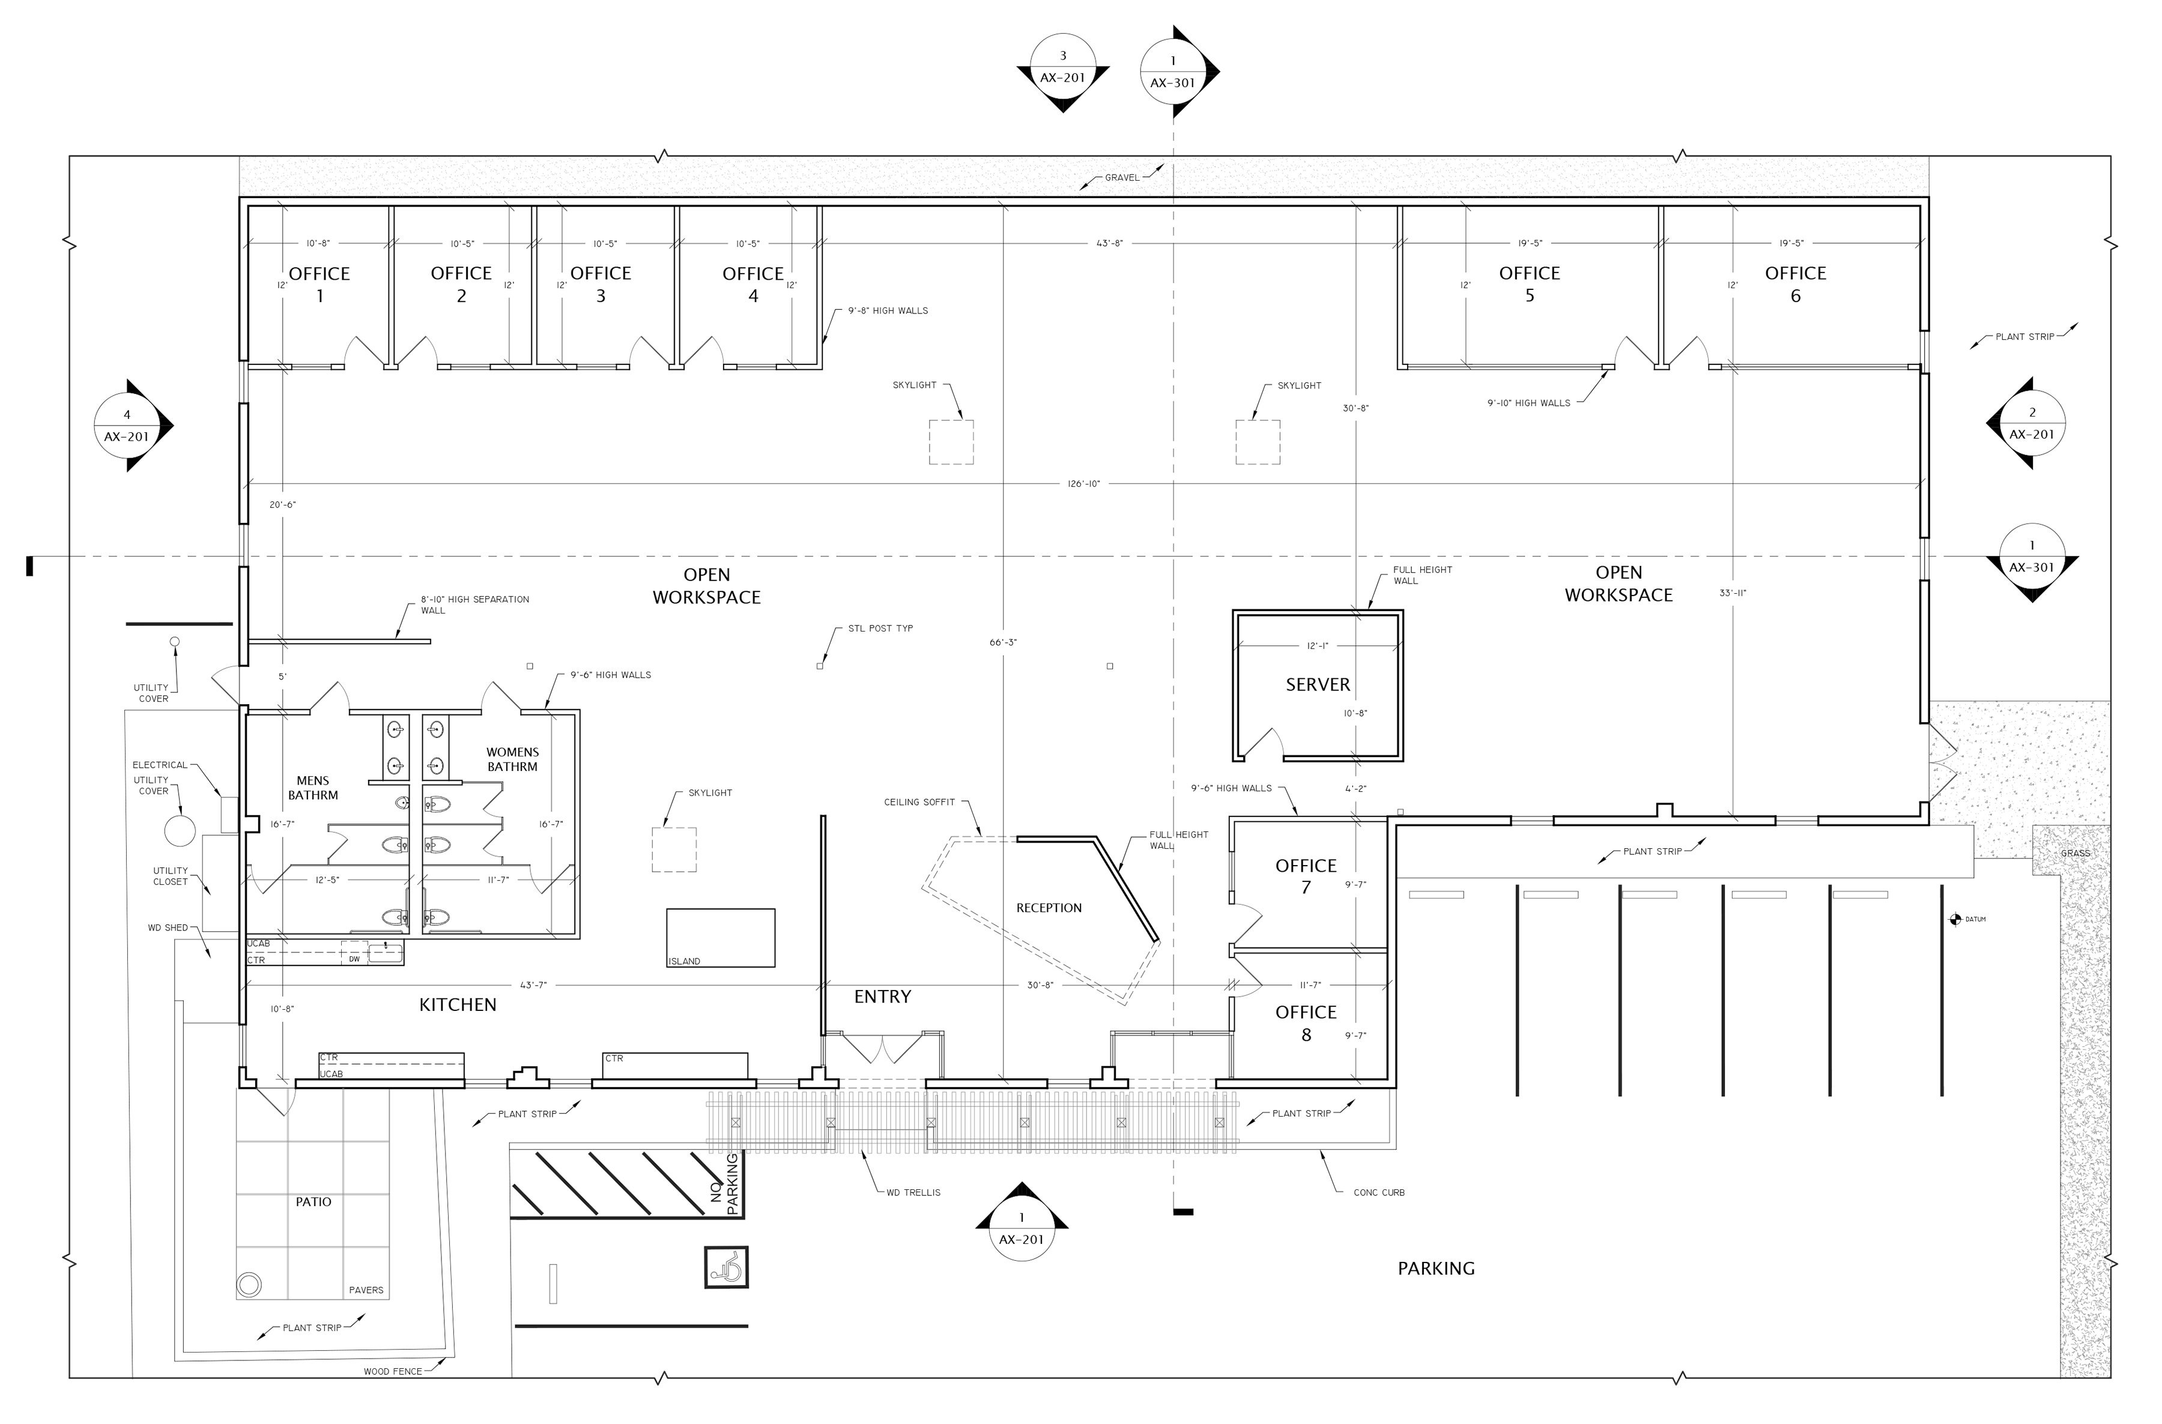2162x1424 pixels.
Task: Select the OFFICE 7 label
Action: pyautogui.click(x=1306, y=876)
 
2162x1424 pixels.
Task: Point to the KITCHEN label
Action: pyautogui.click(x=458, y=1004)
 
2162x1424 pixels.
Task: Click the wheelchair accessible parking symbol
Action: pyautogui.click(x=726, y=1267)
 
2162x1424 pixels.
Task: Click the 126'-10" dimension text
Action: pyautogui.click(x=1084, y=484)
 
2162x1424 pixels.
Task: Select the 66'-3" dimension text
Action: pyautogui.click(x=1003, y=643)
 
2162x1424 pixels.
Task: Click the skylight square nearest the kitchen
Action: pyautogui.click(x=674, y=850)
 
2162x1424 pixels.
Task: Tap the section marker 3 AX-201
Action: pyautogui.click(x=1063, y=68)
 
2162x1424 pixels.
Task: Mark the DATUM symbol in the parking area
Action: pyautogui.click(x=1956, y=920)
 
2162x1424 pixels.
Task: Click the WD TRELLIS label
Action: pyautogui.click(x=913, y=1192)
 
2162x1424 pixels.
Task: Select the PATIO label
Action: pyautogui.click(x=313, y=1201)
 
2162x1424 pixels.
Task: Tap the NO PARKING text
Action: pyautogui.click(x=725, y=1185)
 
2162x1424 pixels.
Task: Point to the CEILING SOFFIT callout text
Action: pyautogui.click(x=919, y=802)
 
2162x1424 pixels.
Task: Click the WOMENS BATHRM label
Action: pyautogui.click(x=512, y=759)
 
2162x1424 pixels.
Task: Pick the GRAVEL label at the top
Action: pyautogui.click(x=1122, y=178)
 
